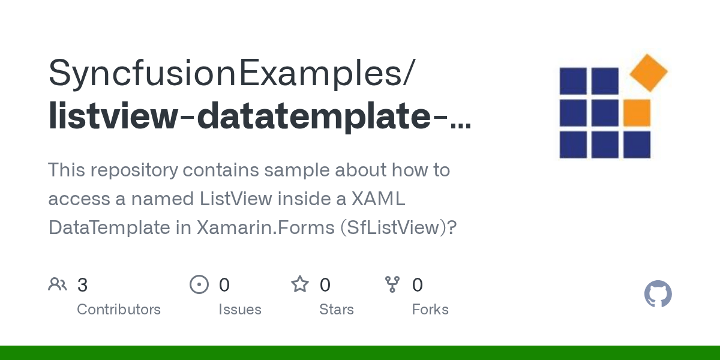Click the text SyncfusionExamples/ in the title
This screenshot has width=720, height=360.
click(231, 74)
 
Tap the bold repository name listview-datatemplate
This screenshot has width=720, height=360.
click(240, 116)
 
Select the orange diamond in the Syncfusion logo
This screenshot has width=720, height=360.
click(649, 73)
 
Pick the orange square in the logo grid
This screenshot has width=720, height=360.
click(637, 113)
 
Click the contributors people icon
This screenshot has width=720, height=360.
click(58, 284)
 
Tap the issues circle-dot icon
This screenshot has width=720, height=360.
click(199, 284)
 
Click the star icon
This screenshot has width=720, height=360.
click(300, 284)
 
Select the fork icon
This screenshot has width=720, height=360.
click(392, 284)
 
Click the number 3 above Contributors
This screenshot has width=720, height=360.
click(82, 285)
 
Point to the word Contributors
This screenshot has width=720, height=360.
click(119, 310)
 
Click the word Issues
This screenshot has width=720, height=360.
click(240, 310)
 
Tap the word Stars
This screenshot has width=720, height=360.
click(337, 310)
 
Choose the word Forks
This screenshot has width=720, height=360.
click(430, 310)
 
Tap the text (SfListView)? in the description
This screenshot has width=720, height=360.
click(398, 228)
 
